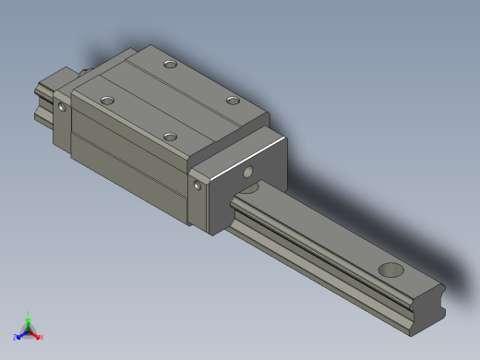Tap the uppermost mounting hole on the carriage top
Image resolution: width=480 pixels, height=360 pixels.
point(170,65)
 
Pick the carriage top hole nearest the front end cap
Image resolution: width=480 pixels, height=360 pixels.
point(170,137)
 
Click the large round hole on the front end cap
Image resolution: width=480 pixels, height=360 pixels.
point(247,172)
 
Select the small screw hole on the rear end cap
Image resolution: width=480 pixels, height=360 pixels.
point(62,107)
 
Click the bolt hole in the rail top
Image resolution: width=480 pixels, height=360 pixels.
point(391,270)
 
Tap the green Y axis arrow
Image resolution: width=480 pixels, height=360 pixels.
point(29,318)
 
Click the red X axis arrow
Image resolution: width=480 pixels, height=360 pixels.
point(36,334)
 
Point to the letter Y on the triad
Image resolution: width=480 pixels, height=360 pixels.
point(29,312)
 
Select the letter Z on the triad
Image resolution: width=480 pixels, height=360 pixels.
point(15,338)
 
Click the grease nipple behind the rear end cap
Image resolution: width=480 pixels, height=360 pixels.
point(84,71)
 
